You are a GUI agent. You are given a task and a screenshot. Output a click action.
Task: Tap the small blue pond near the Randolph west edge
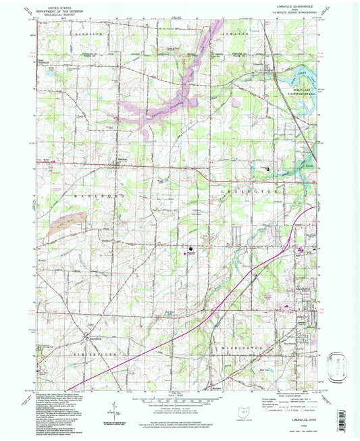tap(45, 74)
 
